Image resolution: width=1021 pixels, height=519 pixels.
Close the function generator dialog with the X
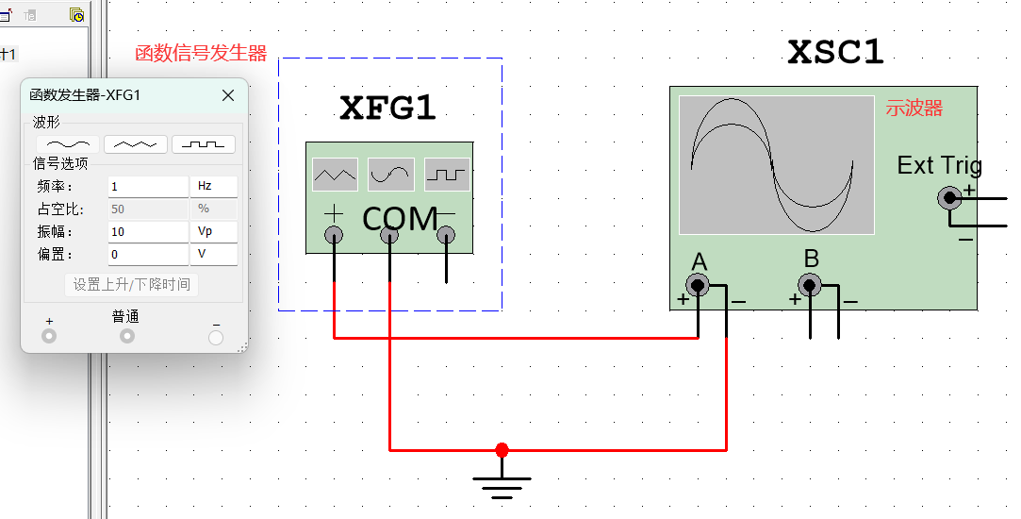(x=228, y=95)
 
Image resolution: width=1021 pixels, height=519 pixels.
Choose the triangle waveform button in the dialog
(x=136, y=144)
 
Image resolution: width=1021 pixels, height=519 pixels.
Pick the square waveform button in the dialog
(x=204, y=144)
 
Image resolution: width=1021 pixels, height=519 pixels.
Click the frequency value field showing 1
(x=147, y=187)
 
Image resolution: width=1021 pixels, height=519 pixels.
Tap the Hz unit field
(x=214, y=187)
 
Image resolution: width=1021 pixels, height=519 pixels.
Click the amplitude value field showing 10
(x=147, y=231)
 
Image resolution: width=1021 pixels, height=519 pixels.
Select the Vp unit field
(x=214, y=231)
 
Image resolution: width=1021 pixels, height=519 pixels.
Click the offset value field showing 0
(x=147, y=254)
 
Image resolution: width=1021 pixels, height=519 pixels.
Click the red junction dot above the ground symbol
(x=502, y=450)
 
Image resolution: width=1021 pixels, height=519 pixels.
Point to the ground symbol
(x=502, y=484)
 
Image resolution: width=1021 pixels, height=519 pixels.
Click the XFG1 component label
(x=387, y=109)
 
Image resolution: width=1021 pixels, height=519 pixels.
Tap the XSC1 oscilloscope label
(x=835, y=53)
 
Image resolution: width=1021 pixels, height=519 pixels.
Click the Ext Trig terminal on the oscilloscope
(x=949, y=197)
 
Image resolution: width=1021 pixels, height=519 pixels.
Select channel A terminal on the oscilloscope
(x=698, y=285)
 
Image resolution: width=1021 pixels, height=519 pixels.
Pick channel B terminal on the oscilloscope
(x=809, y=285)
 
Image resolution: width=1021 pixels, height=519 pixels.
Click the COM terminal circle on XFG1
(x=389, y=237)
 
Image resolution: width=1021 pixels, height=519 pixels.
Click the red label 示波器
(x=914, y=109)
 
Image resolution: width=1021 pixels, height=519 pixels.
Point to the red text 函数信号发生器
(x=201, y=53)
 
